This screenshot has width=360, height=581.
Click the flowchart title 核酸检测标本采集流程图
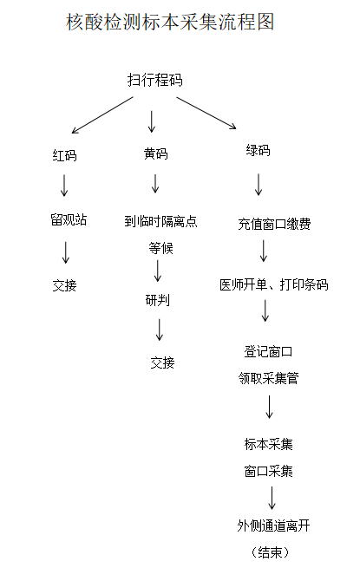[x=170, y=22]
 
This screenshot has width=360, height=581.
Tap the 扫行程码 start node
[x=155, y=80]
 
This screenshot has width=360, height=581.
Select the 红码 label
[x=64, y=155]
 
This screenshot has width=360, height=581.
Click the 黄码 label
[x=156, y=153]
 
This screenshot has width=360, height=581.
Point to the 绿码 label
[x=258, y=150]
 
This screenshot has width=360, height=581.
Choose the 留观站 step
[x=69, y=219]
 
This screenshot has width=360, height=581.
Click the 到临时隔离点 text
[x=160, y=221]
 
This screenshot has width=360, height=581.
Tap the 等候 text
[x=160, y=248]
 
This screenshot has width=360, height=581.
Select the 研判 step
[x=158, y=300]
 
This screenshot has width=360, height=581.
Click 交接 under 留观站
[x=64, y=285]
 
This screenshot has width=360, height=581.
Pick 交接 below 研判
[x=162, y=362]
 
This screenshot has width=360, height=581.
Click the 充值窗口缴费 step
[x=274, y=224]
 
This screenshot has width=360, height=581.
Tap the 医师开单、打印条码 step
[x=273, y=284]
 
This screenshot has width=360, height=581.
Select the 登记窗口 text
[x=268, y=351]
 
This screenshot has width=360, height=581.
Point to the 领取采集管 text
[x=268, y=378]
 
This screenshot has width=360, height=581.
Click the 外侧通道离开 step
[x=273, y=526]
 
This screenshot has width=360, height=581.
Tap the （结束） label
[x=270, y=552]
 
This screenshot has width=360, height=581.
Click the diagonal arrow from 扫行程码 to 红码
[x=102, y=114]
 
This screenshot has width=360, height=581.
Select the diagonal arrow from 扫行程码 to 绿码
[x=206, y=113]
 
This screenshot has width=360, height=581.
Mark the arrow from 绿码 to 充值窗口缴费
[x=259, y=185]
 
